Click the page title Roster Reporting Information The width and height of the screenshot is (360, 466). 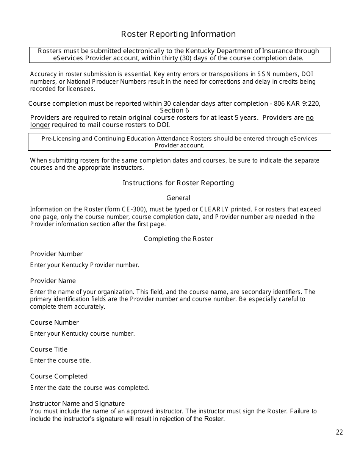tap(178, 34)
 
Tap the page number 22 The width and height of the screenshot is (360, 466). tap(339, 432)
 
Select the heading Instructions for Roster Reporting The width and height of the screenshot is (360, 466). tap(178, 183)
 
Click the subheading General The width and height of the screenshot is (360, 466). tap(178, 198)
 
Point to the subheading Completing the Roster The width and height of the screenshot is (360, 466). tap(178, 239)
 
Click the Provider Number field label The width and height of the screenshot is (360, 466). tap(56, 254)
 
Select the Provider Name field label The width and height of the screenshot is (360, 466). tap(53, 281)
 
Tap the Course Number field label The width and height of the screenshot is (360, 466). tap(54, 322)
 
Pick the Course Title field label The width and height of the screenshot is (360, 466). tap(49, 349)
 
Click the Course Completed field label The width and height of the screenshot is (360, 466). tap(59, 376)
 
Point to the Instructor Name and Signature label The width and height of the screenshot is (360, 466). tap(77, 403)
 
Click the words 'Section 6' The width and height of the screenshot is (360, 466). tap(174, 110)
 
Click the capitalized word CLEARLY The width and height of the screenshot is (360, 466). tap(214, 209)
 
